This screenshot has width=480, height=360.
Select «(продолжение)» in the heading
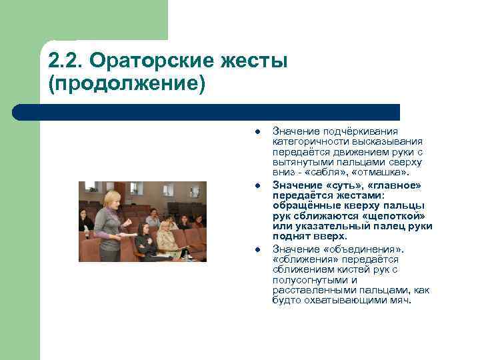coord(127,85)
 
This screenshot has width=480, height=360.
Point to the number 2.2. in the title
coord(67,61)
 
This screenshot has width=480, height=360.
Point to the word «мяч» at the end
coord(402,300)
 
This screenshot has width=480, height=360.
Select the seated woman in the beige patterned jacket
coord(165,237)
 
